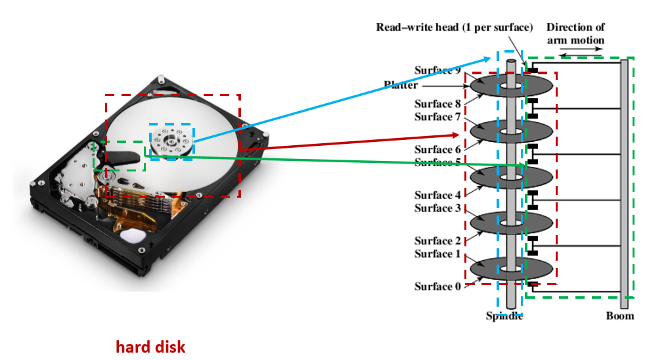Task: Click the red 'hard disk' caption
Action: click(150, 346)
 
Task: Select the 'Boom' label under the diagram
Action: click(620, 316)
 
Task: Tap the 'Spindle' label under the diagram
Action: click(504, 316)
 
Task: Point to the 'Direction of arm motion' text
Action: click(575, 34)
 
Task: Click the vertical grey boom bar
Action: click(624, 184)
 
